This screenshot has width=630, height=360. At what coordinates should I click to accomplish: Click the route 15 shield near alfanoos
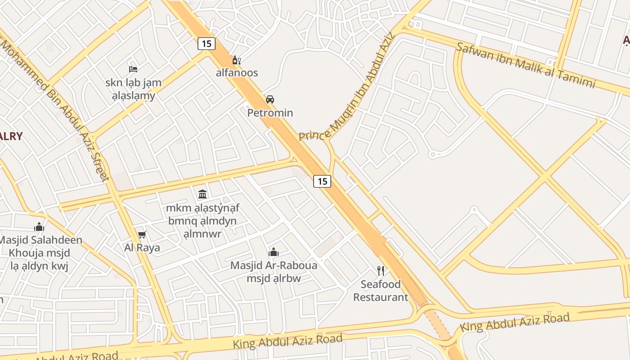(206, 44)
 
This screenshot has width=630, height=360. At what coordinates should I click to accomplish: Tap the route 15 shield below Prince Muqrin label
(322, 181)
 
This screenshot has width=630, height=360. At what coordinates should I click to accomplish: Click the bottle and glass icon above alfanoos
(237, 60)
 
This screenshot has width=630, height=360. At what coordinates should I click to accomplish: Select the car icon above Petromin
(270, 99)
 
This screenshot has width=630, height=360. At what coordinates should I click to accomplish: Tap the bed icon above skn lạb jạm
(133, 69)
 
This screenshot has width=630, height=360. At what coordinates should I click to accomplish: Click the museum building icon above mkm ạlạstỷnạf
(202, 194)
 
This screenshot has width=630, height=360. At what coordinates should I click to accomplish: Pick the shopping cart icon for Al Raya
(142, 234)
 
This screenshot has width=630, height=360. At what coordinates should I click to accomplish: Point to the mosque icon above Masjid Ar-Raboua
(274, 252)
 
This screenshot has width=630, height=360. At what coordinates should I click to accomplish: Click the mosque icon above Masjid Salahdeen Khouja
(40, 227)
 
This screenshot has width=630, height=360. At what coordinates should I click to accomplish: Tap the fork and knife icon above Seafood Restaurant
(381, 270)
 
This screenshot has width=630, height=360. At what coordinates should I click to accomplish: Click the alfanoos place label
(237, 73)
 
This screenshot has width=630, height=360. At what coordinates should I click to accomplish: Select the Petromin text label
(270, 113)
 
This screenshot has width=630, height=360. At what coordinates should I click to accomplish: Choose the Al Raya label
(142, 247)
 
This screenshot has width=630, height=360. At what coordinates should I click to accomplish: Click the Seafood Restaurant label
(381, 291)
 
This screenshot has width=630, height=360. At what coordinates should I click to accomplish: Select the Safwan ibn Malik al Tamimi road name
(526, 65)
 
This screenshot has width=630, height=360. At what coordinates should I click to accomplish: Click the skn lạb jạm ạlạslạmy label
(133, 89)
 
